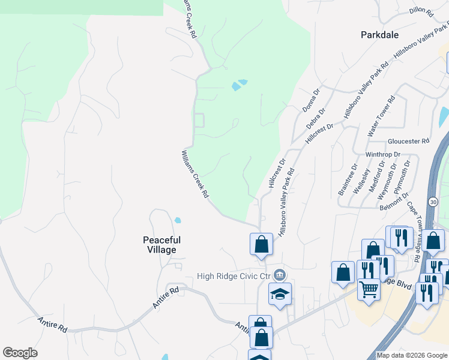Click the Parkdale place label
379,35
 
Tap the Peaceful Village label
161,245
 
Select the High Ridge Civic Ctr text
235,276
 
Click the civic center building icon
279,275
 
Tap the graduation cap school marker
280,294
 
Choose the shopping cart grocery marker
369,289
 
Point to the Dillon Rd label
421,11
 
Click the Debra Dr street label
315,118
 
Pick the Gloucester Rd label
409,141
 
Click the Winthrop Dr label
383,154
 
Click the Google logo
20,353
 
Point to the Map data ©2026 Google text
412,355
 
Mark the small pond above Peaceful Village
177,220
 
